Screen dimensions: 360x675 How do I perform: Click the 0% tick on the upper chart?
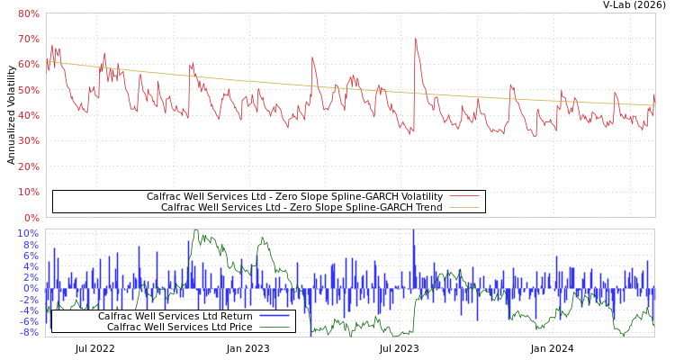point(31,218)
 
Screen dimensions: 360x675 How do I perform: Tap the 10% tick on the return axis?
point(28,233)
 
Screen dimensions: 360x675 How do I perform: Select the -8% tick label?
point(28,332)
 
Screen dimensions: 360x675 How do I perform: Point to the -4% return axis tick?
point(28,310)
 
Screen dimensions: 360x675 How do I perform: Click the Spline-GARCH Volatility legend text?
point(294,196)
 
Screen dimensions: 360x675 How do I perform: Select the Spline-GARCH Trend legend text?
point(301,207)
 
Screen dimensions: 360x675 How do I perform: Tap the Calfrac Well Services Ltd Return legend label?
point(175,316)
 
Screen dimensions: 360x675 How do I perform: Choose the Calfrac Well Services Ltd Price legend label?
point(179,327)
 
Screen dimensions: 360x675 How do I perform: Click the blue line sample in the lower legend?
point(274,316)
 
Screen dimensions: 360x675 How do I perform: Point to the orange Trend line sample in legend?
point(464,207)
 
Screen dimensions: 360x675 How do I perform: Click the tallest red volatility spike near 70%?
point(415,40)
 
